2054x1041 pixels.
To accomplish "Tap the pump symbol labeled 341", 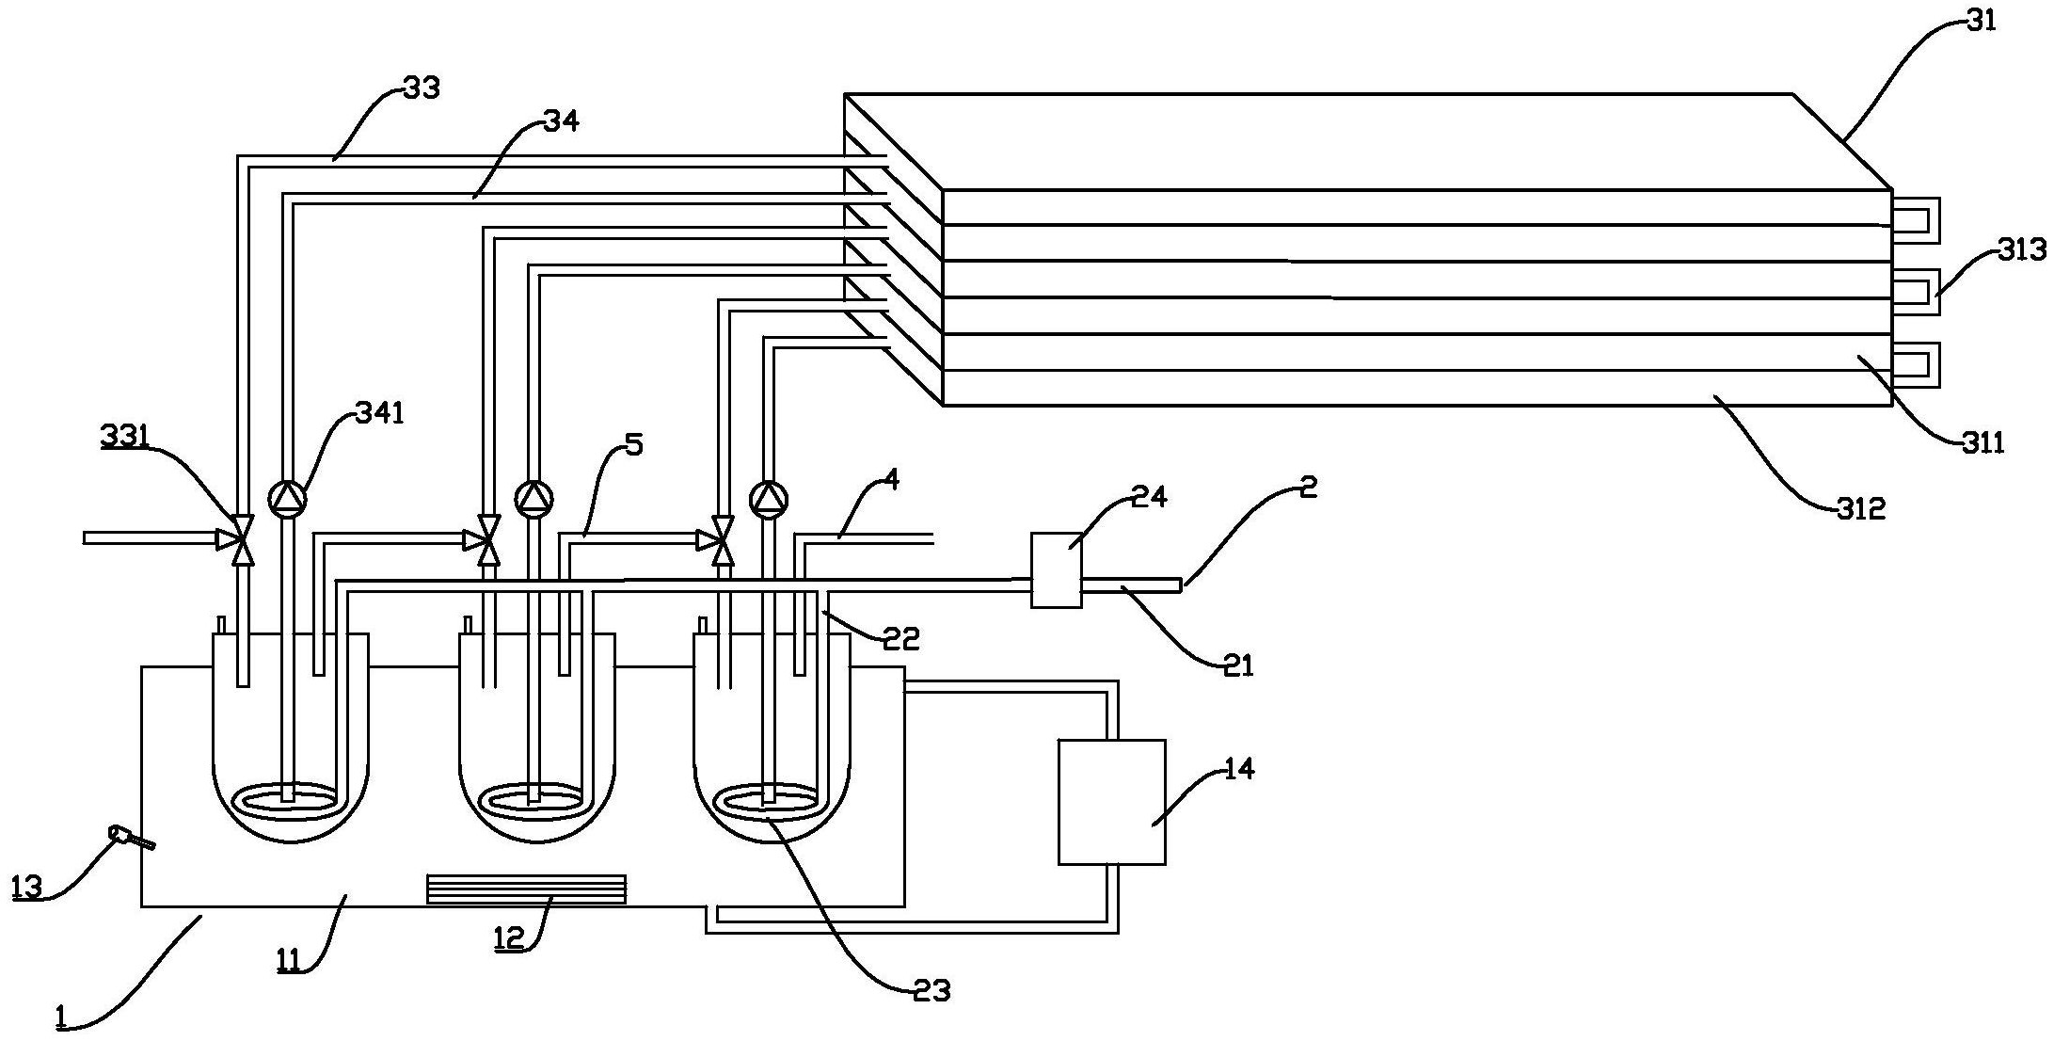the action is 286,498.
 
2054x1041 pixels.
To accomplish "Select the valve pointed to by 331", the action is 243,539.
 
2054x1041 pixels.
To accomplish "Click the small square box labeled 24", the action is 1057,570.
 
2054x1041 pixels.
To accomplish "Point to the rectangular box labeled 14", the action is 1112,802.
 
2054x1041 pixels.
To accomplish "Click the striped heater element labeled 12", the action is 526,889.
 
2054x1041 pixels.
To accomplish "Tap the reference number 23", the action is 931,989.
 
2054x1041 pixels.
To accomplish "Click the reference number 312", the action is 1862,508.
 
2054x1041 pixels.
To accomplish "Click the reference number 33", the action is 421,88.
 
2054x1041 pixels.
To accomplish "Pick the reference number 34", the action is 562,121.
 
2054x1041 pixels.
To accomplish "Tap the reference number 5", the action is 633,444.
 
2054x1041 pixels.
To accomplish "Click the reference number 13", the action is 27,888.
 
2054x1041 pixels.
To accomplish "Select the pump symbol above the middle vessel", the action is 533,498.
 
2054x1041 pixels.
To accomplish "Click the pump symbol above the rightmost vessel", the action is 769,498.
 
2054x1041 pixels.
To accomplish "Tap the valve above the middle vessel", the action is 488,539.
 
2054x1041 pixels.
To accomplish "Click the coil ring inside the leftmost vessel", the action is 289,799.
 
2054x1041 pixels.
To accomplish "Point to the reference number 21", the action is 1238,665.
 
